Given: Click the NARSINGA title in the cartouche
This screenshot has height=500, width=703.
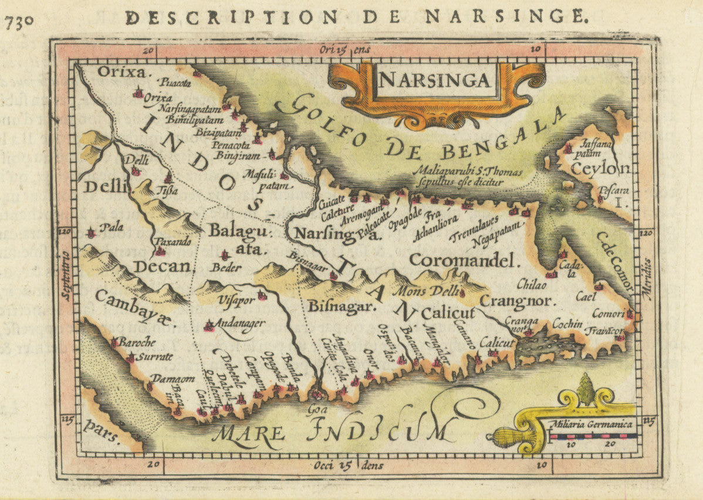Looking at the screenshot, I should pos(435,79).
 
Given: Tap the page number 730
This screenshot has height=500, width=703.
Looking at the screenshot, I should pos(19,21).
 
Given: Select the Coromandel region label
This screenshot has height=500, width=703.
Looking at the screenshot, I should pos(465,260).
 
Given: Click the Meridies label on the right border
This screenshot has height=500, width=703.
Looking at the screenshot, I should pos(647,278).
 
